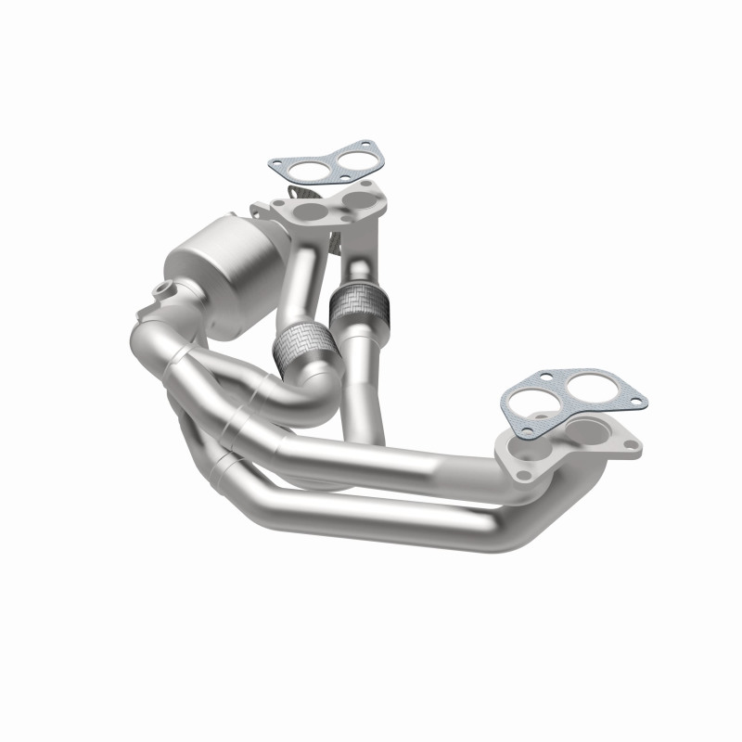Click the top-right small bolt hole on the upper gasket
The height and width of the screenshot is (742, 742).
[x=368, y=148]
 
